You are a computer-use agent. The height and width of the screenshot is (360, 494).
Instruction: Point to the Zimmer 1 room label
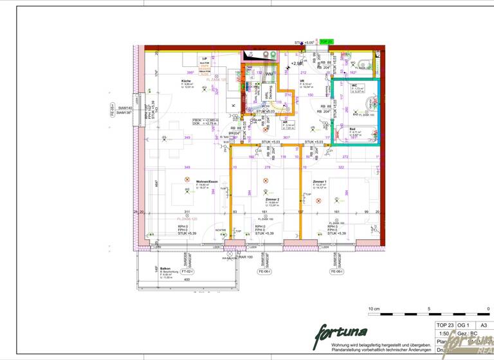click(320, 181)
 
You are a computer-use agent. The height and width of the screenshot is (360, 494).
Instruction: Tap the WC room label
click(354, 85)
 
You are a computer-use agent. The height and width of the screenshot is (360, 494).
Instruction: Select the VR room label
click(311, 81)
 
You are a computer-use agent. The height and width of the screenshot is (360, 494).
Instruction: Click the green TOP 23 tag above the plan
click(326, 41)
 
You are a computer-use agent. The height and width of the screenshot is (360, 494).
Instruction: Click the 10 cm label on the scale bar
click(374, 309)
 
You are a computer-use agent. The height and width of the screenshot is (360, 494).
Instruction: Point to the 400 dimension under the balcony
click(187, 280)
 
